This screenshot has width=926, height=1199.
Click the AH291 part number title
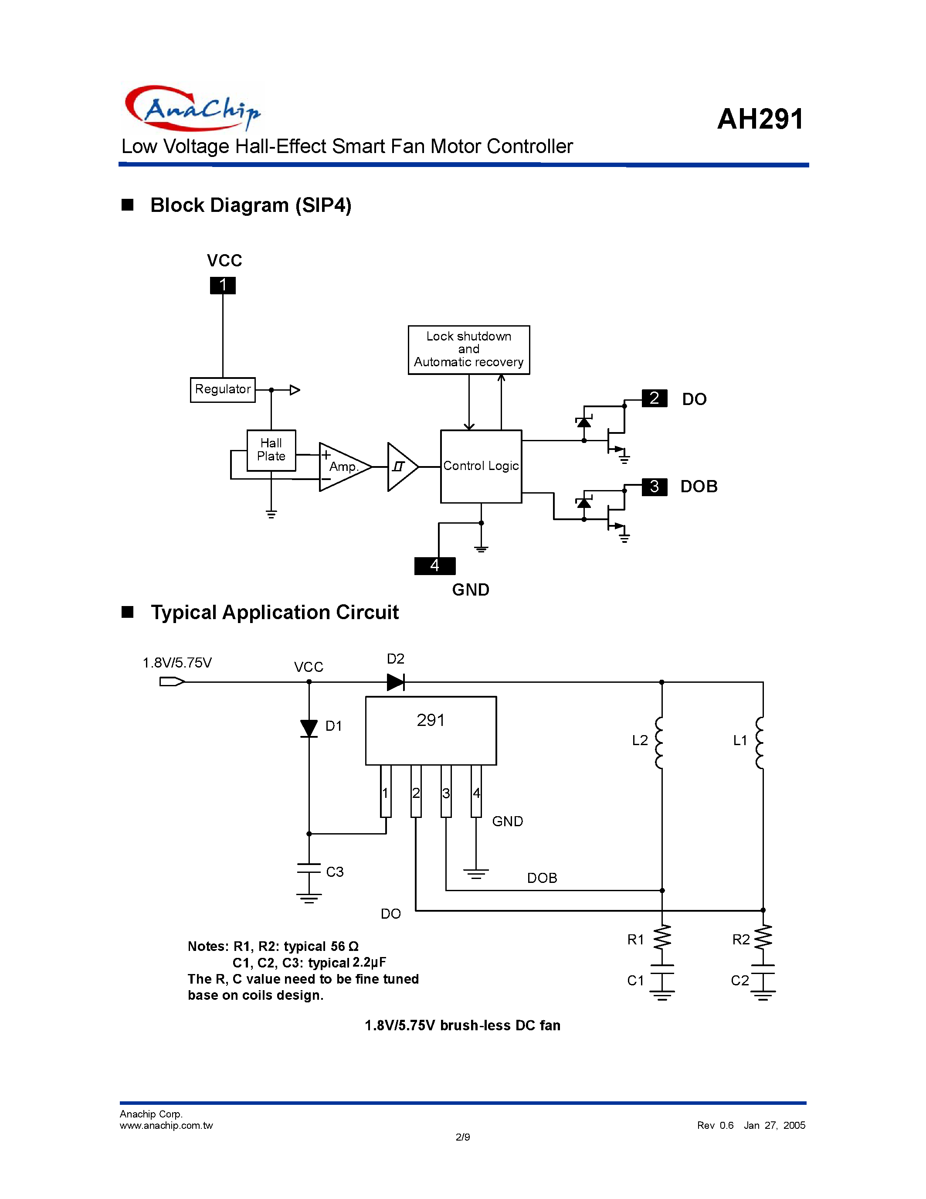760,119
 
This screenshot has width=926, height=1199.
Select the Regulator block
223,390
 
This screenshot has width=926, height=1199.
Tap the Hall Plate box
271,450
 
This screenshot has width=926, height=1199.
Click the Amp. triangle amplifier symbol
343,467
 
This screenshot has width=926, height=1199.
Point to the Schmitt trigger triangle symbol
401,467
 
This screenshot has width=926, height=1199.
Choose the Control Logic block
481,466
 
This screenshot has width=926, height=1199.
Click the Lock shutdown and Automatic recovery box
469,350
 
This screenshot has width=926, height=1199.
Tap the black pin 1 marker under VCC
223,285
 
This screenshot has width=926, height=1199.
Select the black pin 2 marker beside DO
654,398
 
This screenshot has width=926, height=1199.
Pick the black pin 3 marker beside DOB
654,487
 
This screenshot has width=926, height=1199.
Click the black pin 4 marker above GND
434,565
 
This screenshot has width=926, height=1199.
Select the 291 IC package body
431,730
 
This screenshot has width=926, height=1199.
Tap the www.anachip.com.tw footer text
166,1125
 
